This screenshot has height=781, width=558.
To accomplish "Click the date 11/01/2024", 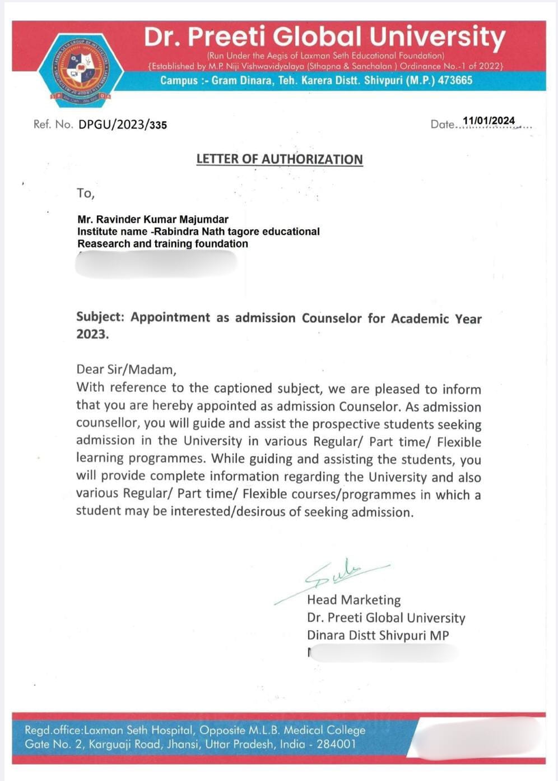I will [489, 121].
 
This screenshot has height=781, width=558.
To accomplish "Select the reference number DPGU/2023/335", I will [123, 124].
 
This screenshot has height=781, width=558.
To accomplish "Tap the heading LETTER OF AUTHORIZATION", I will [280, 159].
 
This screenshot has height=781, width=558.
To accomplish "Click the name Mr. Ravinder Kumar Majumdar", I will [153, 219].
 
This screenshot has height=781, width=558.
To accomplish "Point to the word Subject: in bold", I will [100, 317].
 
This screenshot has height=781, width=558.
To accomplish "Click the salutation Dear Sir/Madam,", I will [126, 369].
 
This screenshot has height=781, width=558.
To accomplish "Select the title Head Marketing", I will [354, 600].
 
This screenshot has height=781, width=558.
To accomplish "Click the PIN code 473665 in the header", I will [455, 80].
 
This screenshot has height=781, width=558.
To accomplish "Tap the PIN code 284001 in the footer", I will [336, 745].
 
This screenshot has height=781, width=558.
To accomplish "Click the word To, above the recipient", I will [86, 193].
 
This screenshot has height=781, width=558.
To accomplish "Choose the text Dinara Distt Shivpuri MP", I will [378, 635].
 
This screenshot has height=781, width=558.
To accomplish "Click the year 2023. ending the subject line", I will [92, 334].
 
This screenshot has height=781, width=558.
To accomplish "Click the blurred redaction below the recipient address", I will [156, 264].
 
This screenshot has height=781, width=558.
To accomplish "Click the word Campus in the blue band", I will [179, 80].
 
